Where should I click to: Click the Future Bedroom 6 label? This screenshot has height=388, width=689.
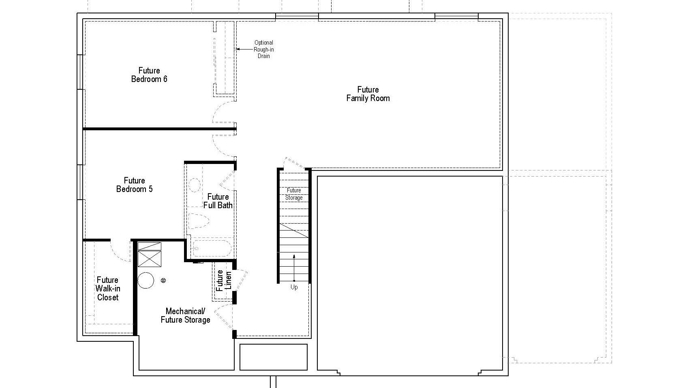149,75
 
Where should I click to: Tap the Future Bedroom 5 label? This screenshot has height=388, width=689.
135,185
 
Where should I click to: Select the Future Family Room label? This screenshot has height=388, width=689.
368,94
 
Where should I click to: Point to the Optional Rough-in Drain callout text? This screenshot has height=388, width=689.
263,49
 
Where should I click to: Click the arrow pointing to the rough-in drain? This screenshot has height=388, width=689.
244,49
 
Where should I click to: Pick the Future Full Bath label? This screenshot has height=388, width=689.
218,201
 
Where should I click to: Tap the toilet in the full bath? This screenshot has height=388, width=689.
199,221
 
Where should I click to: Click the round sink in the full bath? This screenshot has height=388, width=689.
195,185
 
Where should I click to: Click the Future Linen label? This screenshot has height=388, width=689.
224,280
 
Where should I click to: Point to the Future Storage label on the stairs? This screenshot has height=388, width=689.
294,194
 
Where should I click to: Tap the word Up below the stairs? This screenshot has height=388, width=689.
294,287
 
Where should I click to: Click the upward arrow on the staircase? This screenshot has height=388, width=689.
294,268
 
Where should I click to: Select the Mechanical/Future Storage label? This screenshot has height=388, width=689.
186,316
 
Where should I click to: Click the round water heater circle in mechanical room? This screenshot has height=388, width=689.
146,280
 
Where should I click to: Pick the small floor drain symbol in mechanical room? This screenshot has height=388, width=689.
163,280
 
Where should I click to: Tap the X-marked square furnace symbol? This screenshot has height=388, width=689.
150,259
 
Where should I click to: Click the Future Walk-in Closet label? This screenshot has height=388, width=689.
108,289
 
